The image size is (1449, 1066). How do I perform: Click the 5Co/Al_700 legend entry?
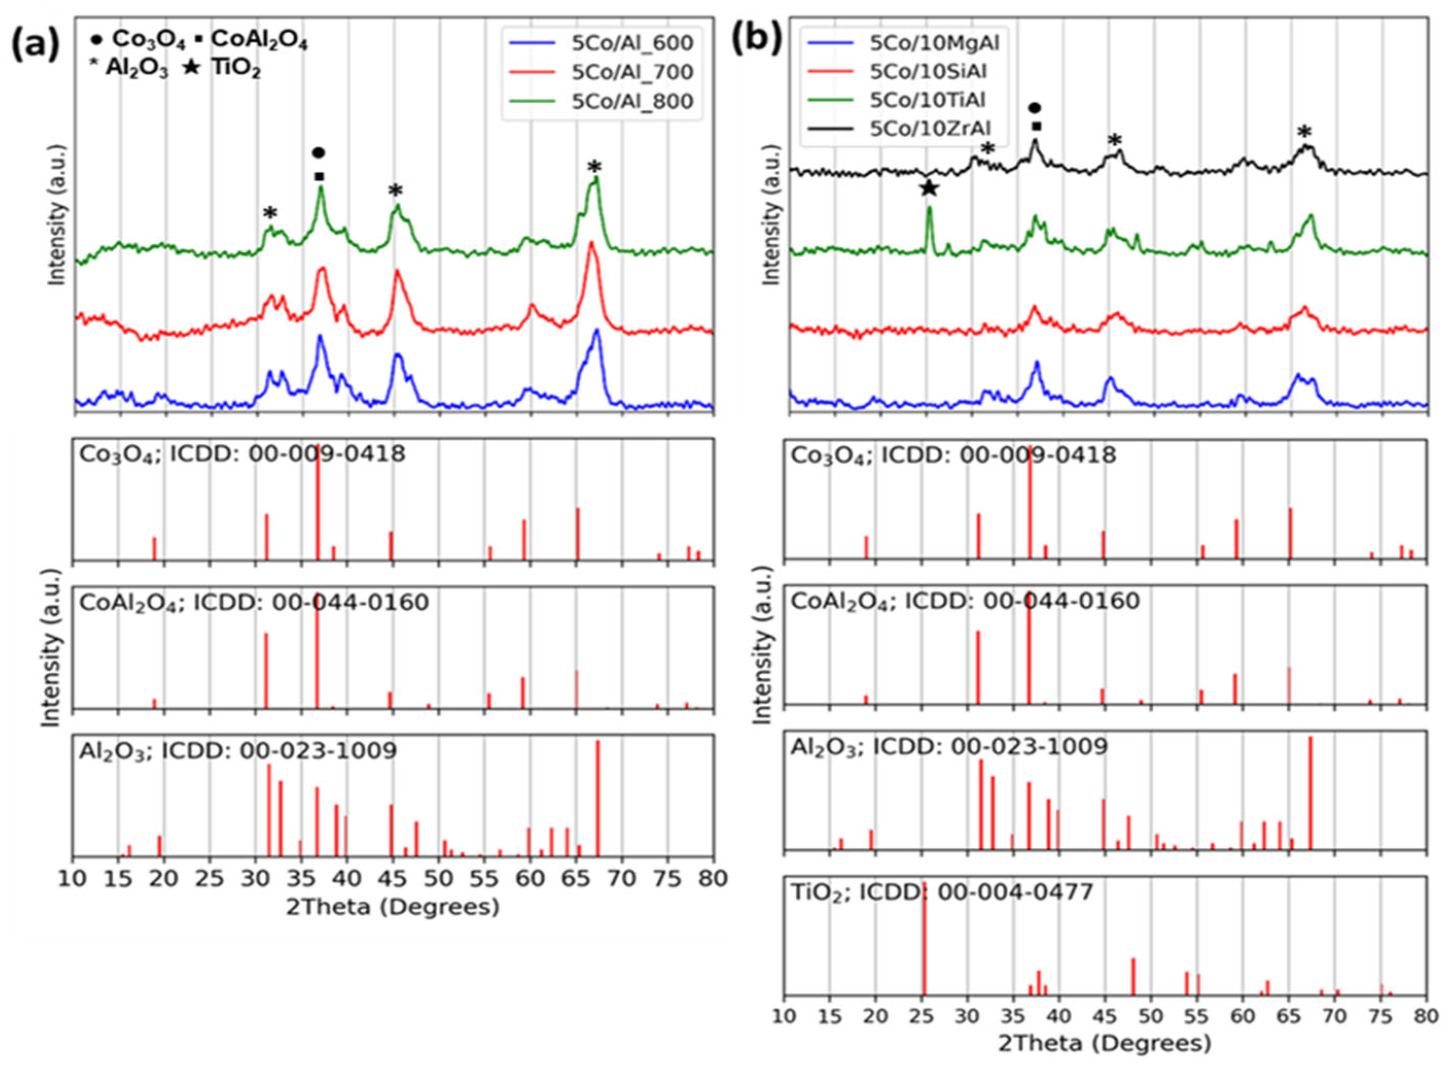[x=632, y=72]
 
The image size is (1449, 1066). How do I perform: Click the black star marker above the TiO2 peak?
[x=928, y=188]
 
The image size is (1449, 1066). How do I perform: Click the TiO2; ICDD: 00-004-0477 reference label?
[x=941, y=893]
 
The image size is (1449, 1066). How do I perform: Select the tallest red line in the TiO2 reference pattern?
[x=923, y=949]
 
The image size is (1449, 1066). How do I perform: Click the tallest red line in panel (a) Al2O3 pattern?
[x=598, y=797]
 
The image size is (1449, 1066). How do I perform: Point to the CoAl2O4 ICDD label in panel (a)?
[x=254, y=603]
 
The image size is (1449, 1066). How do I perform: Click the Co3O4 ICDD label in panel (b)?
[x=953, y=456]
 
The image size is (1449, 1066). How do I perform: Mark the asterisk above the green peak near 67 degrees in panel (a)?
[x=594, y=168]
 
